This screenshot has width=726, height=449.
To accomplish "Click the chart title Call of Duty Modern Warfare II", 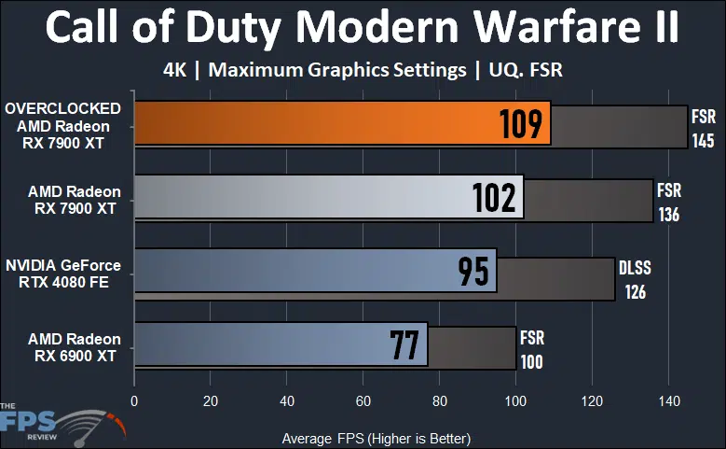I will (x=363, y=28).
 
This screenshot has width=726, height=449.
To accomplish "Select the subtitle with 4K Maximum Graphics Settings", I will (x=363, y=69).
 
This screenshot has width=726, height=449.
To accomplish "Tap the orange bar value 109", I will (x=521, y=124).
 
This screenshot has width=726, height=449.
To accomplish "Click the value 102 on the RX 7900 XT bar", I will (x=494, y=198).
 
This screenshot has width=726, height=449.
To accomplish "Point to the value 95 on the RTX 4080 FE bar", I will (x=473, y=271).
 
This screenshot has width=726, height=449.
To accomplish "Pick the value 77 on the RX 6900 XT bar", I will (x=404, y=344).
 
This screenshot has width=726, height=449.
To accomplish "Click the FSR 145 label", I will (x=704, y=129).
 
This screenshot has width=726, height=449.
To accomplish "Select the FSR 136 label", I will (x=668, y=203).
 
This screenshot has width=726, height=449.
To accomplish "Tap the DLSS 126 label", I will (x=635, y=279).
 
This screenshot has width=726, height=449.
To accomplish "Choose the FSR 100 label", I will (x=532, y=349).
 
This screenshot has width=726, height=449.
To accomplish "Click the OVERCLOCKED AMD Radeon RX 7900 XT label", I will (x=62, y=124).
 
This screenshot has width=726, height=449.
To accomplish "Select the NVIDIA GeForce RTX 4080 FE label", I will (x=62, y=272).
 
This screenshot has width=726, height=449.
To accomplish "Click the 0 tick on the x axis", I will (x=135, y=402).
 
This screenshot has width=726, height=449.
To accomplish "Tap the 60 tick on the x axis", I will (x=363, y=402).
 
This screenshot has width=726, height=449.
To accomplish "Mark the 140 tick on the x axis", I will (x=667, y=402).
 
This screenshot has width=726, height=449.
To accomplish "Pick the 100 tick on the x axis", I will (x=515, y=402).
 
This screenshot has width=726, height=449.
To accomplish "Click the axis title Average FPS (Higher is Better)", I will (x=376, y=438).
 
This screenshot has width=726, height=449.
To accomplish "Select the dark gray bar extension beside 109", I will (x=619, y=125).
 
